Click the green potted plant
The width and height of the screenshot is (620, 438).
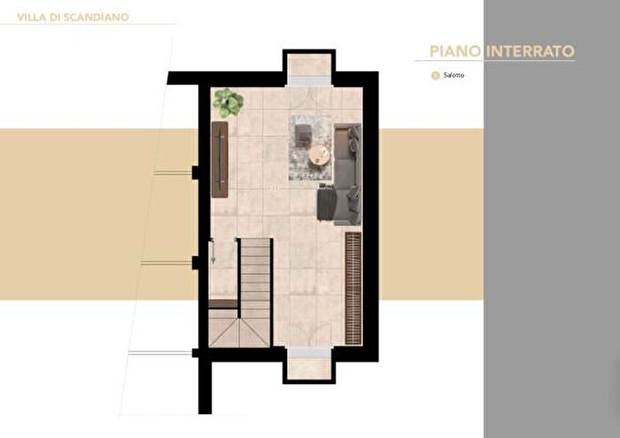pos(229,103)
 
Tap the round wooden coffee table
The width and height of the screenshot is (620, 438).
pos(319,154)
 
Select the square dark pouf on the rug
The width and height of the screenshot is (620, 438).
pos(304,132)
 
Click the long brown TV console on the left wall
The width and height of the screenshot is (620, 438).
pos(220,160)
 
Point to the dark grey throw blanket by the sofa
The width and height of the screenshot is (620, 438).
pos(326,202)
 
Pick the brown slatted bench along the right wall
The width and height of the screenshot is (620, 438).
pos(353,288)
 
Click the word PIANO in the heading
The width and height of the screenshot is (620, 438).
pos(455,51)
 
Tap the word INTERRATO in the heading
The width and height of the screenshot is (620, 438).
pos(531,51)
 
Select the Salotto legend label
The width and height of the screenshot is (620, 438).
pos(453,74)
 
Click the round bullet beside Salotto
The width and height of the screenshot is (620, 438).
pos(436,75)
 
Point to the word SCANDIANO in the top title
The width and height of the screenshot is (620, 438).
pos(97,18)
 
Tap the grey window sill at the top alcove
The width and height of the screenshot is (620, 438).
pos(308,81)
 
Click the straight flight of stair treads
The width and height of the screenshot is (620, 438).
pos(255,278)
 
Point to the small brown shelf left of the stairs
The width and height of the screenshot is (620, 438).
pos(223,304)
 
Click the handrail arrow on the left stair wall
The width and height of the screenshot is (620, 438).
pos(213,250)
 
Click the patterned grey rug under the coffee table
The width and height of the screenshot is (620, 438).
pos(310,147)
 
